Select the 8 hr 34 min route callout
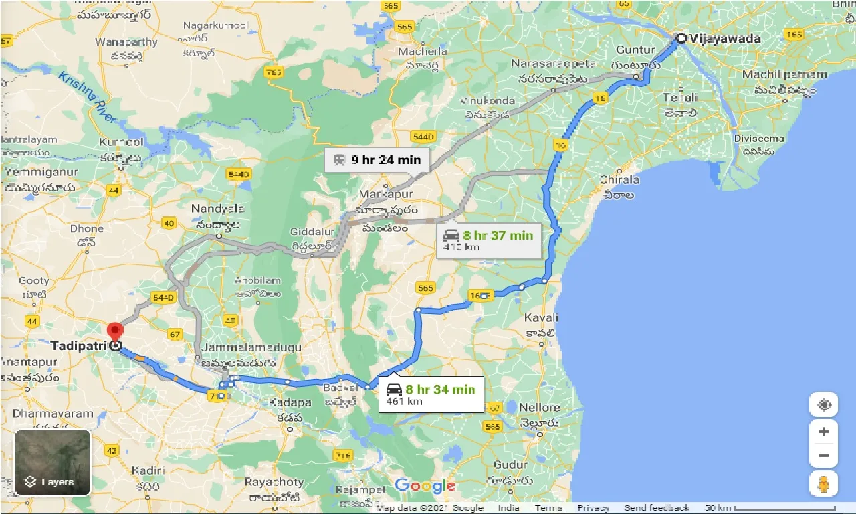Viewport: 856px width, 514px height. pyautogui.click(x=431, y=395)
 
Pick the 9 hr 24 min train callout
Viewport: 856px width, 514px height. pyautogui.click(x=377, y=160)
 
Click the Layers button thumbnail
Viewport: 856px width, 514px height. pyautogui.click(x=52, y=462)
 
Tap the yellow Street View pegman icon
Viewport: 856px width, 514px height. pyautogui.click(x=823, y=483)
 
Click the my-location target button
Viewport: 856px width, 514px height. pyautogui.click(x=823, y=405)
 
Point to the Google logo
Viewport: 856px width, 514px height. pyautogui.click(x=425, y=485)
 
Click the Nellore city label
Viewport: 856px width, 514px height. pyautogui.click(x=539, y=407)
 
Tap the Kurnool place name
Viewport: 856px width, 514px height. pyautogui.click(x=120, y=143)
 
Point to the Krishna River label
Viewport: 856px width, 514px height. pyautogui.click(x=88, y=97)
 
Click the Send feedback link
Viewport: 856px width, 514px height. pyautogui.click(x=657, y=508)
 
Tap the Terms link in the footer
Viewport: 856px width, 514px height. pyautogui.click(x=548, y=508)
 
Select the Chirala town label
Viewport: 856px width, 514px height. pyautogui.click(x=619, y=180)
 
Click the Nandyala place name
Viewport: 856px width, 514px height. pyautogui.click(x=218, y=209)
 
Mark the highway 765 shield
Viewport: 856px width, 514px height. pyautogui.click(x=274, y=72)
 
